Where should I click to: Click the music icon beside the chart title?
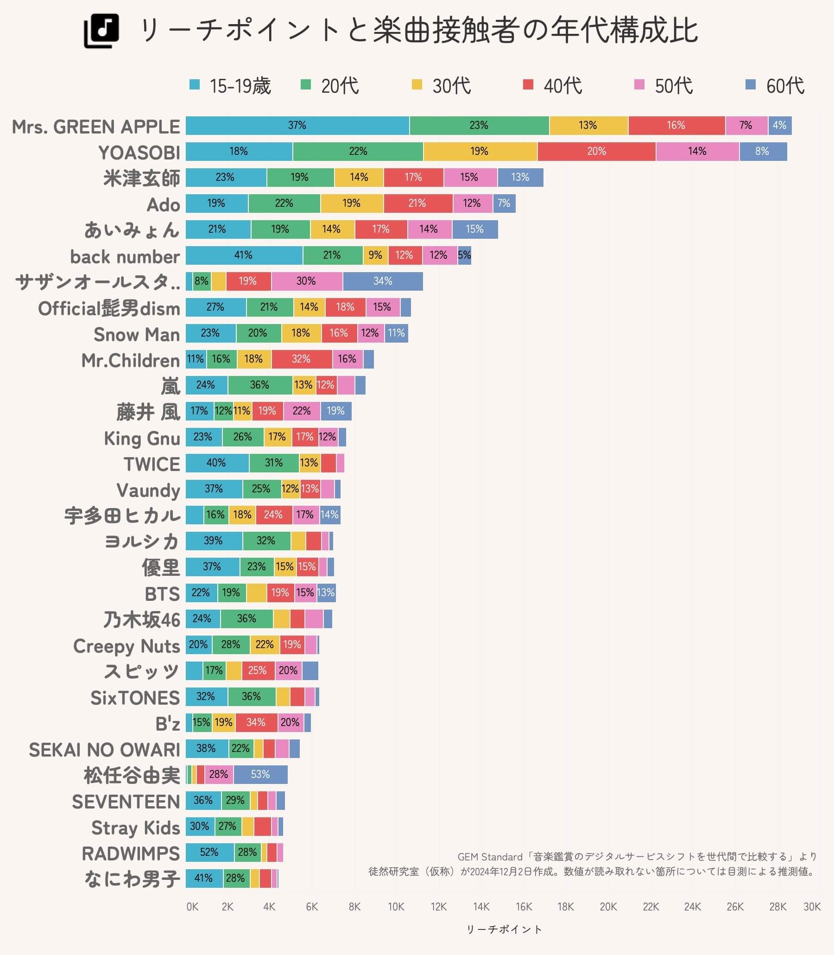101,31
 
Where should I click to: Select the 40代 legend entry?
552,86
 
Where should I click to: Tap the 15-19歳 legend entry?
230,86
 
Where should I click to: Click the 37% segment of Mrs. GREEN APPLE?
297,125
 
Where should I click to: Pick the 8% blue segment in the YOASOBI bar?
762,151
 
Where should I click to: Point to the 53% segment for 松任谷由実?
260,774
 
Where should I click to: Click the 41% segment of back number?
243,255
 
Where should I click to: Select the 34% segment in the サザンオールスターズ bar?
383,281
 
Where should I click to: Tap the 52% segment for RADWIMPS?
209,852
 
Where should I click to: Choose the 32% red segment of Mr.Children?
301,359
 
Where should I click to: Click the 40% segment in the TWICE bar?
216,463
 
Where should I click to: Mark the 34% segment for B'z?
256,722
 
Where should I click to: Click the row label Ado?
163,205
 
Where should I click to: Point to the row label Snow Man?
136,334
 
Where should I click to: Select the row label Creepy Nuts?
126,646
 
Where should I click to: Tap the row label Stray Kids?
135,828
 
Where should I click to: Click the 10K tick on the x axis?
396,907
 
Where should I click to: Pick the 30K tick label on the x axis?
812,907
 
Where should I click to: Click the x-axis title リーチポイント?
504,930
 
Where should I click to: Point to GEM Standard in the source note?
490,857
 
